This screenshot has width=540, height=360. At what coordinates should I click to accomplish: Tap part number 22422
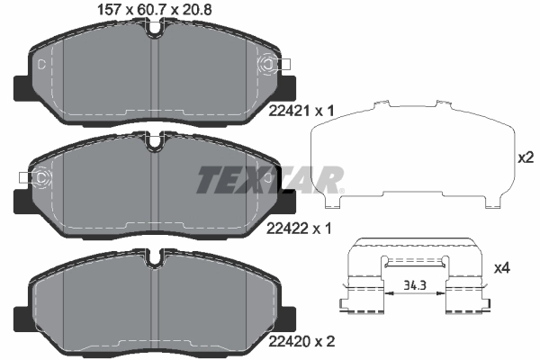287,228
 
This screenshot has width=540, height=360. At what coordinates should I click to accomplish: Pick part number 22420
287,341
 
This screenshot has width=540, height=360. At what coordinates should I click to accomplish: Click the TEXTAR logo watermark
270,179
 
